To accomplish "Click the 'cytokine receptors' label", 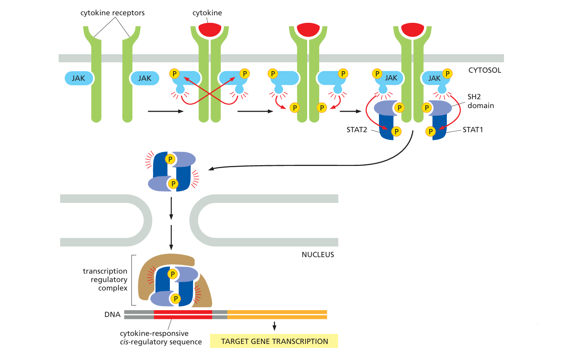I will (112, 13).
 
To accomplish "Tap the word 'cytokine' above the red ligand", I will (207, 13).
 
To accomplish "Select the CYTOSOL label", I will (485, 70).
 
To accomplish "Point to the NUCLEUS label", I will (318, 255).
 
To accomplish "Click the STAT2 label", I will (357, 130).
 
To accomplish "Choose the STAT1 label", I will (473, 130).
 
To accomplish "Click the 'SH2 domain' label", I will (480, 101).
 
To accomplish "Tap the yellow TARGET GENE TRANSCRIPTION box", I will (274, 341).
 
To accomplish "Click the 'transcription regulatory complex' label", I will (106, 280).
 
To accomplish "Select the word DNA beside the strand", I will (112, 315).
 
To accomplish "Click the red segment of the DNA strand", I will (183, 315).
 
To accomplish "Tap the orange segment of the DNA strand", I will (277, 315).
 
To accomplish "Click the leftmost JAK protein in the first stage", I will (79, 78).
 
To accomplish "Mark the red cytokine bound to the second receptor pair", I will (210, 29).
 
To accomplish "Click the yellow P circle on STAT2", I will (396, 131).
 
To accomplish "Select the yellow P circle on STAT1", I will (430, 131).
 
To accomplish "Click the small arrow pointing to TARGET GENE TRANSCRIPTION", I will (274, 326).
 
